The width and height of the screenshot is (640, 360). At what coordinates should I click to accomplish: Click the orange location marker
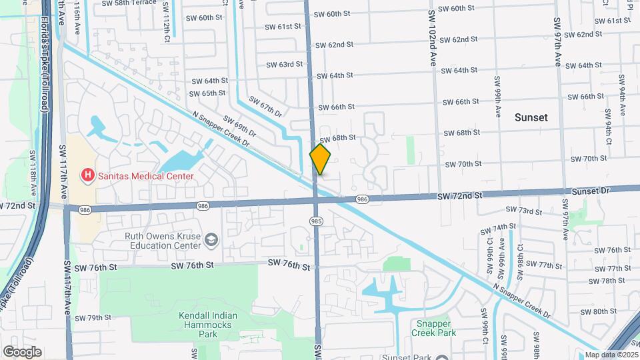(321, 159)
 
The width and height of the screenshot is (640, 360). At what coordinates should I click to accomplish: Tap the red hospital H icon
(87, 176)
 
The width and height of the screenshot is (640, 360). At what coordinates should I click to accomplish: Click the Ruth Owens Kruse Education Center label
(163, 240)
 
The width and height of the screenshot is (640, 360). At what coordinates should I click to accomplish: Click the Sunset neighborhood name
(531, 117)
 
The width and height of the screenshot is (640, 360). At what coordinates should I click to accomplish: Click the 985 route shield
(317, 220)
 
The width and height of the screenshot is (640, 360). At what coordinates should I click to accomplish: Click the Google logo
(22, 352)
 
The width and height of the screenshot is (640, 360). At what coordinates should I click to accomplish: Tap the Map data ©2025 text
(611, 355)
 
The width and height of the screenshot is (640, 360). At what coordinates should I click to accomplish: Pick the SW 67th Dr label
(265, 105)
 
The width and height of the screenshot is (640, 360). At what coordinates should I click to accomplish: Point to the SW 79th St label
(93, 317)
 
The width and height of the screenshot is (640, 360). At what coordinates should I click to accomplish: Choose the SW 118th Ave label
(32, 167)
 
